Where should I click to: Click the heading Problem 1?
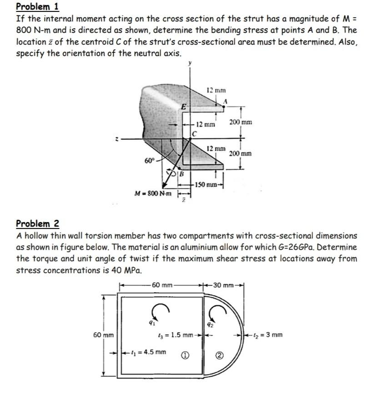38,7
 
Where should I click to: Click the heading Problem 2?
38,224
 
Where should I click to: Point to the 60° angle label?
149,161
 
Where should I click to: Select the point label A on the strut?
225,101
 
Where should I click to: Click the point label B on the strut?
181,173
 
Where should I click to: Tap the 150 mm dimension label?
203,184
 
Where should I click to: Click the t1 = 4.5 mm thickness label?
148,351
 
